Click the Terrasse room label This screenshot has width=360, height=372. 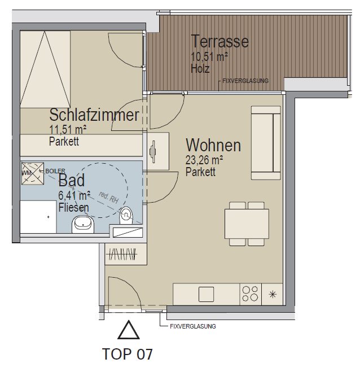(220, 42)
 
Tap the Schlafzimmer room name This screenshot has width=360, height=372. (94, 115)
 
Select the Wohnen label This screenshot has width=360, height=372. (213, 145)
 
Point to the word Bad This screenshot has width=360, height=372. (72, 180)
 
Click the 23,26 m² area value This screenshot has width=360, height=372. (204, 160)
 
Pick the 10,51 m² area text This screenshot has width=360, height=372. (209, 57)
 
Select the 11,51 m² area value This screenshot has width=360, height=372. (68, 129)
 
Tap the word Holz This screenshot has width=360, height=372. (200, 68)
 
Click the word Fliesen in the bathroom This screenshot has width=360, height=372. (73, 208)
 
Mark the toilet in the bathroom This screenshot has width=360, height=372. (126, 216)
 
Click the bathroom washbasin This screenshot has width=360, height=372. (83, 224)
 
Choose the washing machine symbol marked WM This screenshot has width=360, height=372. (33, 173)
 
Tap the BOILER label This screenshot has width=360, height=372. (55, 171)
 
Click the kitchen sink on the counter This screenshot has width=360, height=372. (206, 294)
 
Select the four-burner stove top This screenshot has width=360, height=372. (251, 294)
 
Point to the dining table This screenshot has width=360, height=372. (247, 224)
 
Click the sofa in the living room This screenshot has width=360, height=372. (266, 143)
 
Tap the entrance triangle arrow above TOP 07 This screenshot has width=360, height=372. (129, 330)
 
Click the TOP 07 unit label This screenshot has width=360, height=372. (127, 354)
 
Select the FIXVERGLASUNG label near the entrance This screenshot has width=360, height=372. (193, 326)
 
